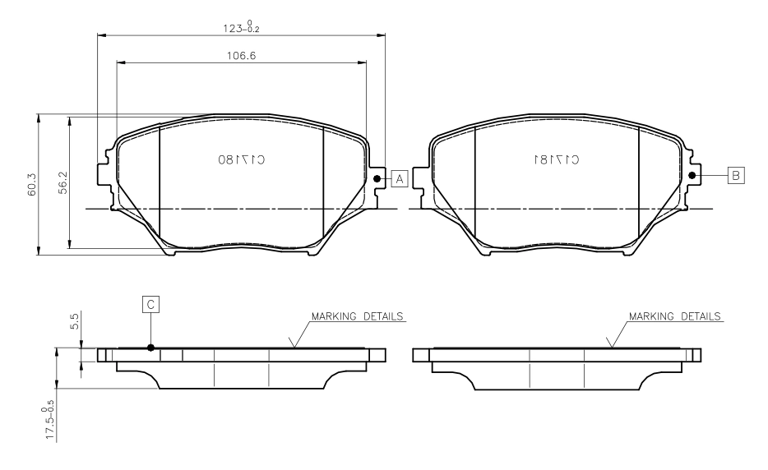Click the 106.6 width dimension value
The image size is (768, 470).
point(241,56)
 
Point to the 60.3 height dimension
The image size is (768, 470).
point(32,184)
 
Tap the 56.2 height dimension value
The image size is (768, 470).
point(63,182)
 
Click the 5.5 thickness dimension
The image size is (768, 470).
point(75,321)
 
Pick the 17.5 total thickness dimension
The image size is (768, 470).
point(49,420)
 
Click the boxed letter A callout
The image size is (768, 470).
point(400,178)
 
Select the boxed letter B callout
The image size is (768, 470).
point(736,175)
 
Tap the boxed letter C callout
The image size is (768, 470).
point(150,305)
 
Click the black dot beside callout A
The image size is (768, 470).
point(377,178)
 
